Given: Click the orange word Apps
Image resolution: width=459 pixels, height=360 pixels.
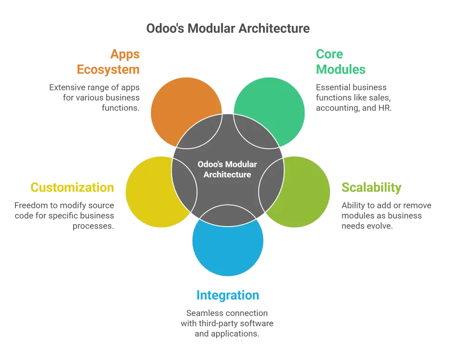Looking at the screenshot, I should point(125,54).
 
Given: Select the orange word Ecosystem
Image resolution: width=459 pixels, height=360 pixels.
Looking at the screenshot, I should point(109,70).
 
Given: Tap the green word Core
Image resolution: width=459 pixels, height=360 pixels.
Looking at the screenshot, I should point(329,54).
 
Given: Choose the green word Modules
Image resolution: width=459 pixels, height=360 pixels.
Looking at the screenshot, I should point(340,70).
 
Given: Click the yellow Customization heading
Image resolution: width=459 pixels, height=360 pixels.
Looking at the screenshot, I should point(72,187).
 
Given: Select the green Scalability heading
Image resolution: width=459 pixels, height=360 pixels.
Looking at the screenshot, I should point(371,187).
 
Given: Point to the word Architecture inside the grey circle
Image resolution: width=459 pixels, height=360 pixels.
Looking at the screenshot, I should point(227,175).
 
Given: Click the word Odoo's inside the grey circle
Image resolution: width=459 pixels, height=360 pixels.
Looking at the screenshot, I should point(209,164).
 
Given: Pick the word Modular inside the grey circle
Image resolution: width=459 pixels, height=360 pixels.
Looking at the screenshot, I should point(243,164).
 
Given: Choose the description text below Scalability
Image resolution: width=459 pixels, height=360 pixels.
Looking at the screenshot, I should point(386,216).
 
